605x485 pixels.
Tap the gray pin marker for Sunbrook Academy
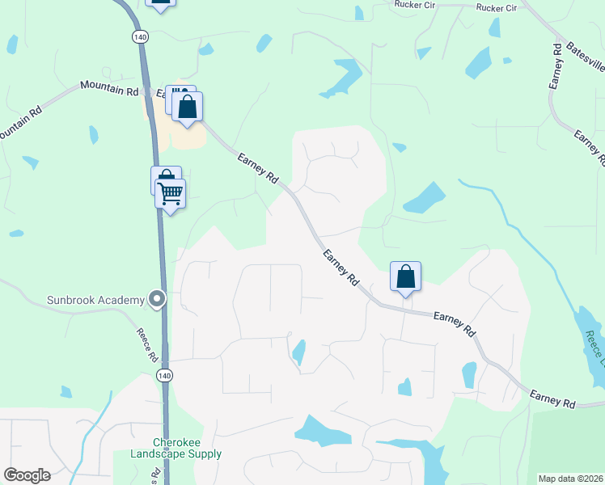click(157, 300)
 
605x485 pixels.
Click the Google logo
click(27, 475)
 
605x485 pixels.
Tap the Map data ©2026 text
click(571, 479)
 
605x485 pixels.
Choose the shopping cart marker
click(171, 194)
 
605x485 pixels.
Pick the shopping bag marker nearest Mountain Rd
click(187, 107)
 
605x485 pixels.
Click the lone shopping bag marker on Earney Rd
click(405, 276)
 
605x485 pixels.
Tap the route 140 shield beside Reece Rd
click(165, 376)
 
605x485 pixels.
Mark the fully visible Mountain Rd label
click(110, 88)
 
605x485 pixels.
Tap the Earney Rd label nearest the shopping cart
click(258, 168)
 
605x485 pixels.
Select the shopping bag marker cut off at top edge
click(161, 4)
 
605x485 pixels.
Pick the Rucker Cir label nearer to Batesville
click(496, 7)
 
